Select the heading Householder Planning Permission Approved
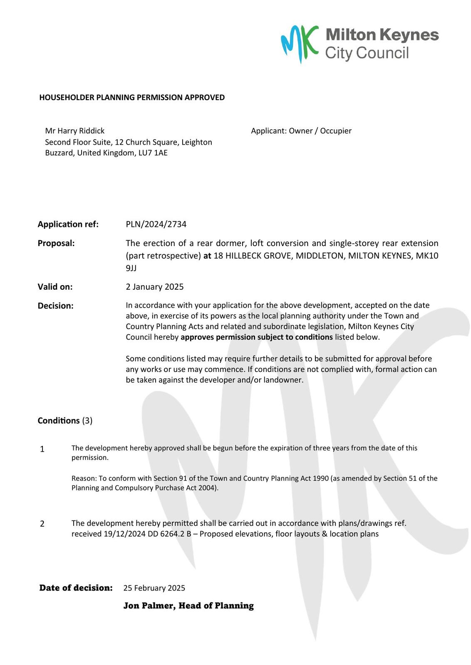click(x=132, y=98)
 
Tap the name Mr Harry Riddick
click(x=75, y=131)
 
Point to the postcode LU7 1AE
click(x=153, y=153)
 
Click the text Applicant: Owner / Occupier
click(x=301, y=131)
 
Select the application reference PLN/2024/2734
click(x=156, y=224)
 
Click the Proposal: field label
click(x=56, y=243)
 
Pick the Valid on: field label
click(x=55, y=287)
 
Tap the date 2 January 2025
click(x=154, y=287)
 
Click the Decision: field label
click(x=55, y=306)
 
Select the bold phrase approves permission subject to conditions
click(x=257, y=337)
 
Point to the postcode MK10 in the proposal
click(x=428, y=256)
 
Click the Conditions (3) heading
click(x=65, y=421)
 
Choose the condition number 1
click(x=42, y=449)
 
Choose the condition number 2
click(x=42, y=524)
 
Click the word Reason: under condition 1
click(x=84, y=478)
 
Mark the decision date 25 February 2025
click(x=154, y=588)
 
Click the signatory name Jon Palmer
click(x=149, y=606)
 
